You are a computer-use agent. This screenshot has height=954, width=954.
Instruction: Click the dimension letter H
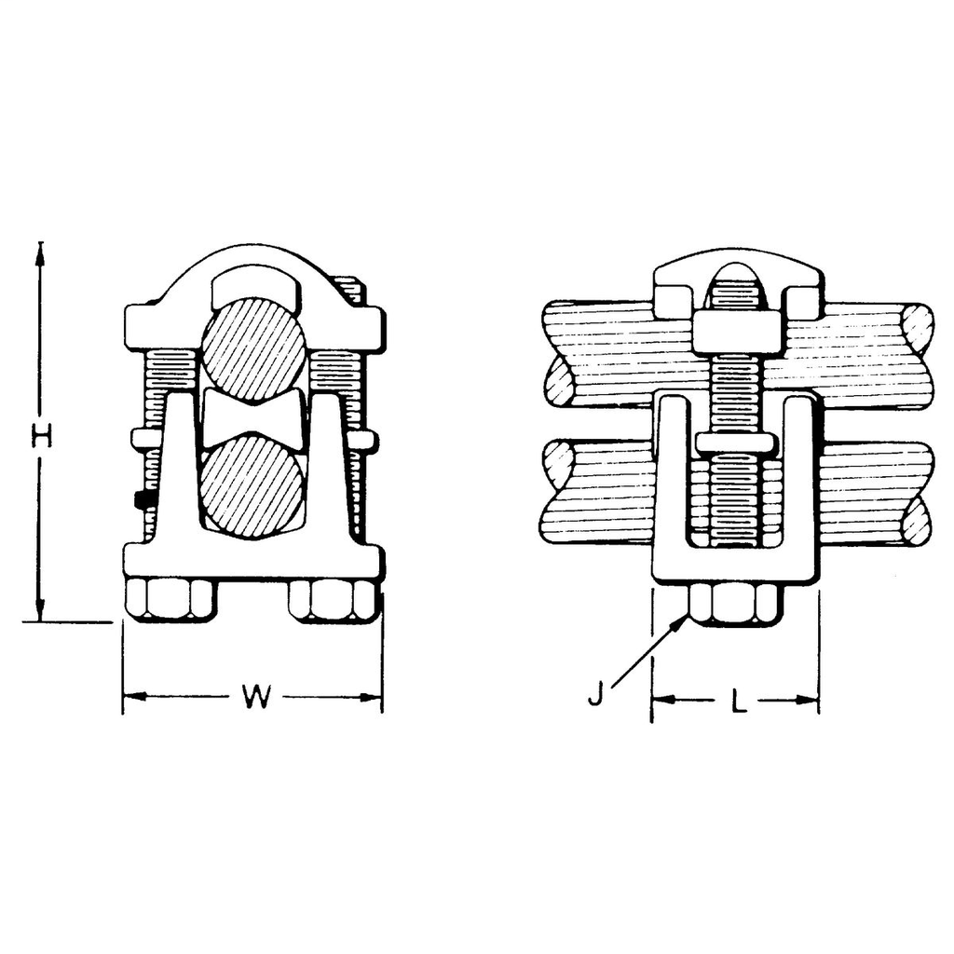pyautogui.click(x=40, y=435)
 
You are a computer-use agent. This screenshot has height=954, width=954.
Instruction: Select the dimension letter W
pyautogui.click(x=253, y=697)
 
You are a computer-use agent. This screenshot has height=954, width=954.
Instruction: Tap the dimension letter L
pyautogui.click(x=739, y=700)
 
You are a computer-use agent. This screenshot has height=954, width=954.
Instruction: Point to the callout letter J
pyautogui.click(x=596, y=695)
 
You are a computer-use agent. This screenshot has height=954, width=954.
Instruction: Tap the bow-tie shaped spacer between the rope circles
pyautogui.click(x=253, y=418)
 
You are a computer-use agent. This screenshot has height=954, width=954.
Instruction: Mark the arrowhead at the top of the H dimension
pyautogui.click(x=40, y=252)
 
